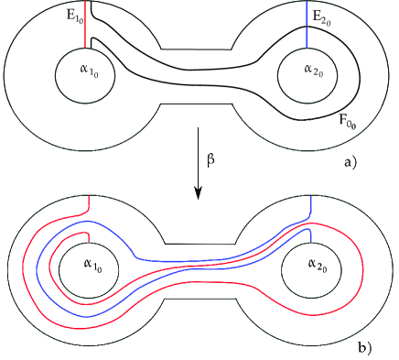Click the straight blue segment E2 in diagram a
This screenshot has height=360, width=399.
307,23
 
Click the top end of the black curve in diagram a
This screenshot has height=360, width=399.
92,5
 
